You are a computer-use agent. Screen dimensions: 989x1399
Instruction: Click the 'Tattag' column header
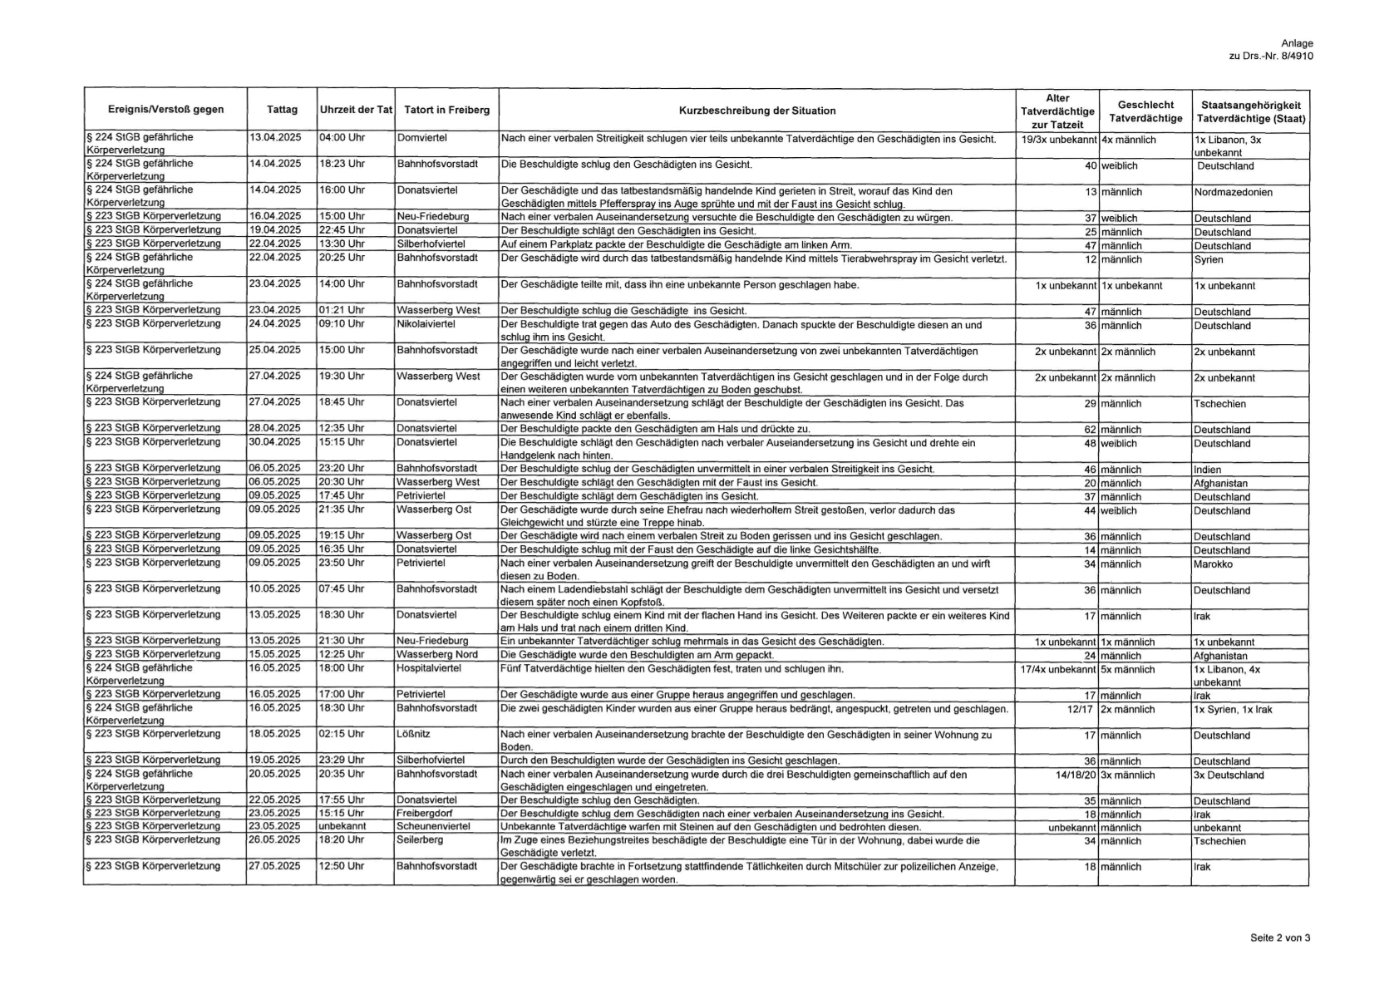282,110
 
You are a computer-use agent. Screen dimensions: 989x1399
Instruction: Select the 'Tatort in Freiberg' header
446,110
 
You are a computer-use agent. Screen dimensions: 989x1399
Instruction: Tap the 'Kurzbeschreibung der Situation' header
756,111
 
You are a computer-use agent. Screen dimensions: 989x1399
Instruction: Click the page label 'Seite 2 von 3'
1279,937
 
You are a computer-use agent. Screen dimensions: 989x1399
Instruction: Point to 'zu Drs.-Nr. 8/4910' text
1270,56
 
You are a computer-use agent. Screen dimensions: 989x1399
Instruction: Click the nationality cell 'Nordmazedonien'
1233,192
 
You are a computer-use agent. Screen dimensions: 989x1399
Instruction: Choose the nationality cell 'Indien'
1207,470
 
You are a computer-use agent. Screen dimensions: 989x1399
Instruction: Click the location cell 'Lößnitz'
413,735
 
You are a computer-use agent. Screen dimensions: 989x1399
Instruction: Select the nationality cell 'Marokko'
1213,564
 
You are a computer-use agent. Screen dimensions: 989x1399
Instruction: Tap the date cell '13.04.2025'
275,137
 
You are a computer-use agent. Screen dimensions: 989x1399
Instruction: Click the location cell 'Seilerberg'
420,840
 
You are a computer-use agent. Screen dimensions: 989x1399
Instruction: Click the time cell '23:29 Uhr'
341,760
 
